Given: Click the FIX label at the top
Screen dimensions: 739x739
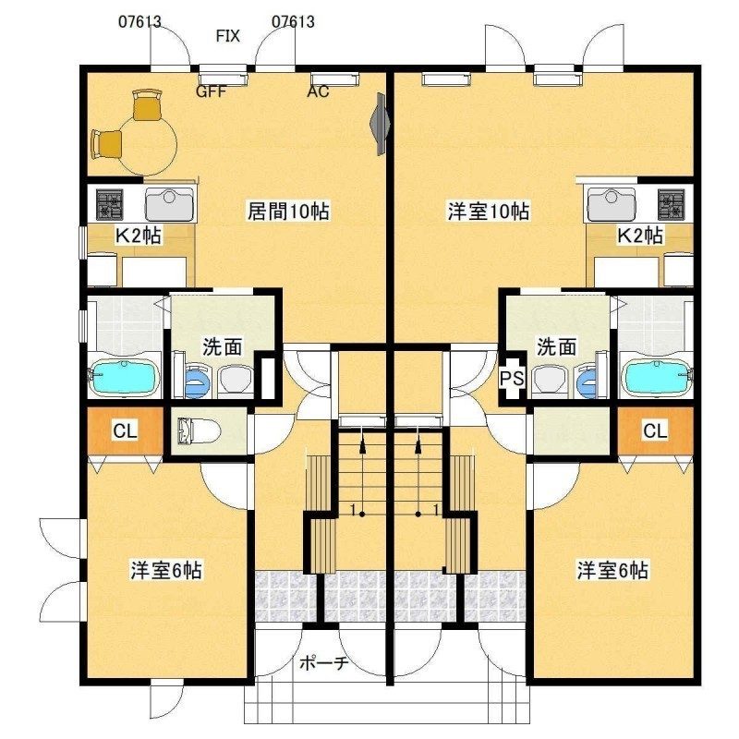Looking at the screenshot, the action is (228, 36).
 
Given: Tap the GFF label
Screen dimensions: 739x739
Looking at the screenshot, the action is (212, 91).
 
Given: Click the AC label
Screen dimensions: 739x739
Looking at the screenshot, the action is (318, 91).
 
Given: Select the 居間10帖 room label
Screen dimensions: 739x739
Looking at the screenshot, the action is (288, 211).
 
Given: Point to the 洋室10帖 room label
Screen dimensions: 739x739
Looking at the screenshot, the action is (489, 211).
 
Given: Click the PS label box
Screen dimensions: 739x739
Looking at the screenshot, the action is (512, 378).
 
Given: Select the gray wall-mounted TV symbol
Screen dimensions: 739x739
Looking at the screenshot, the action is (381, 124).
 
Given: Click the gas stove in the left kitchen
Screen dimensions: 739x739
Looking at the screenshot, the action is (110, 205).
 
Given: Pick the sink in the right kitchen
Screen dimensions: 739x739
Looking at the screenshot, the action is (611, 205).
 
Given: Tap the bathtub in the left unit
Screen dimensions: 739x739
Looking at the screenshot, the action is (124, 377).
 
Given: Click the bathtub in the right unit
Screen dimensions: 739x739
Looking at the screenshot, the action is (657, 377).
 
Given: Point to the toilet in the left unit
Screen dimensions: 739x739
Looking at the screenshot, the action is (199, 430).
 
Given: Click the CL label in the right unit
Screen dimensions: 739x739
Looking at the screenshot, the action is (655, 430).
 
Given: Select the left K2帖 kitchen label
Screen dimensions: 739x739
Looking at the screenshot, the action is (138, 236).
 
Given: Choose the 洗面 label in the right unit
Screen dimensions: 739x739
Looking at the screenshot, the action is (557, 347).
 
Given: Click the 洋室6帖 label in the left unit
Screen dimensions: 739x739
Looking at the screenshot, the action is (166, 570).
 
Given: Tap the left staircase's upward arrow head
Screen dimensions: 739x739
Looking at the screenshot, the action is (362, 446).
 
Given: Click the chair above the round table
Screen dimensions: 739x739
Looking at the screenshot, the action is (148, 105).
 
